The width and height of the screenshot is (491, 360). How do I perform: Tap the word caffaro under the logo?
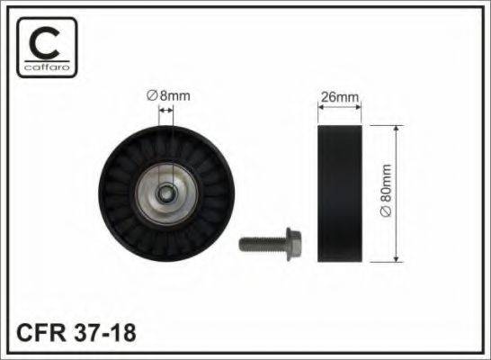click(x=47, y=67)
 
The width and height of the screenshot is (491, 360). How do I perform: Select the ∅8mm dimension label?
click(x=168, y=96)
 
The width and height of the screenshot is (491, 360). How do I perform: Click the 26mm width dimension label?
click(x=340, y=97)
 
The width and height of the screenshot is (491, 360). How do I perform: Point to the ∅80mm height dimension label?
click(x=386, y=190)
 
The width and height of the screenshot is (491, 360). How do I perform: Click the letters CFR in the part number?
click(x=41, y=333)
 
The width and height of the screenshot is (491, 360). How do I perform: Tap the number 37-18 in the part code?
click(x=105, y=333)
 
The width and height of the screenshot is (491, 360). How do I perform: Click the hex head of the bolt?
click(x=294, y=239)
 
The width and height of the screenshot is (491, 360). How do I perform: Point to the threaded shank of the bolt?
click(x=263, y=244)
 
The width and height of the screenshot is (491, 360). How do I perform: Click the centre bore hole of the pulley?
click(x=165, y=194)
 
